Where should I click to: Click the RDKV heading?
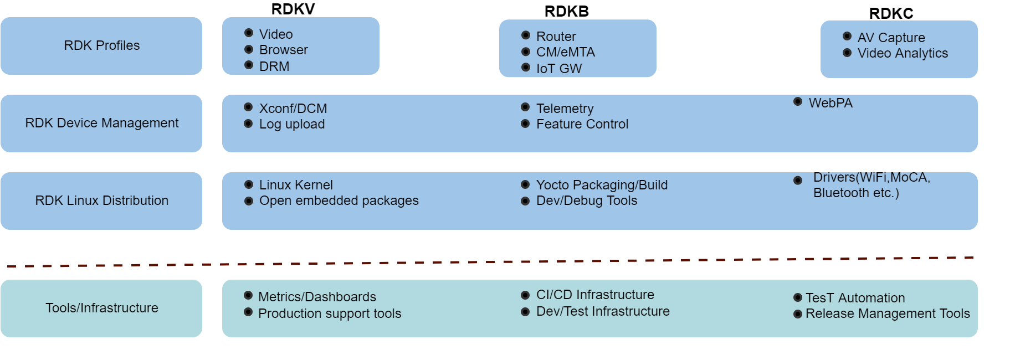click(x=293, y=9)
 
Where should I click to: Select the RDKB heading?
click(x=566, y=12)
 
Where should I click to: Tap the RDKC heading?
click(x=890, y=13)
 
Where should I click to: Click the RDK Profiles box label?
click(x=101, y=45)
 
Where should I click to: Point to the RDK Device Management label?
click(x=101, y=123)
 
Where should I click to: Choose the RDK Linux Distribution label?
click(x=101, y=200)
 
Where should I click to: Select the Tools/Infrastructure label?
click(x=101, y=308)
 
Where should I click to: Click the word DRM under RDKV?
click(x=274, y=66)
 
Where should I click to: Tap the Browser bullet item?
click(x=283, y=50)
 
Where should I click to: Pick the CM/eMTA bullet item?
click(x=565, y=52)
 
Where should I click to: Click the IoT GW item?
click(x=558, y=69)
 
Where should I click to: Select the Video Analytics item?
click(x=902, y=53)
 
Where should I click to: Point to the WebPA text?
click(x=830, y=103)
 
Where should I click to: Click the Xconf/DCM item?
click(x=293, y=109)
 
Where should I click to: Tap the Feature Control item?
click(x=582, y=124)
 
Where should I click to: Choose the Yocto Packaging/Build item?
click(x=601, y=185)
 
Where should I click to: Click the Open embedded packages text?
click(x=339, y=200)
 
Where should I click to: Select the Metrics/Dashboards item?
click(x=316, y=297)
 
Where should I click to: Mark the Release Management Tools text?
click(x=887, y=313)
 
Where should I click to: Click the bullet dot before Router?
click(x=526, y=35)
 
